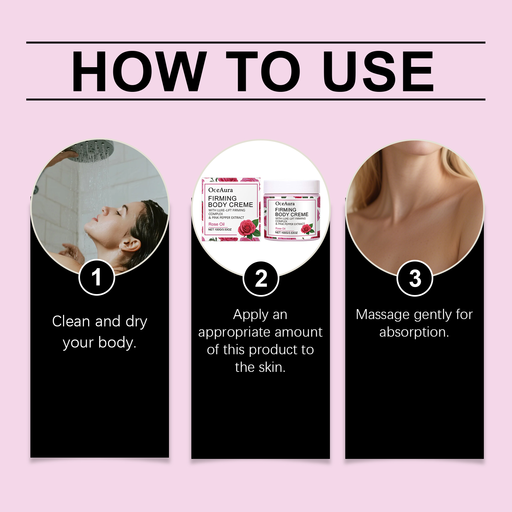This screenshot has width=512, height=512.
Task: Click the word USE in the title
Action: (378, 71)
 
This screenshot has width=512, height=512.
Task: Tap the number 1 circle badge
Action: (97, 277)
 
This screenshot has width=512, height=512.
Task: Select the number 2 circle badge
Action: (261, 279)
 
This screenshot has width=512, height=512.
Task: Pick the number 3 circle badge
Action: (415, 278)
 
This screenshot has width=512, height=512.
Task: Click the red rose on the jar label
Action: (307, 228)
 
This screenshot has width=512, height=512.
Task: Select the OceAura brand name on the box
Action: (220, 190)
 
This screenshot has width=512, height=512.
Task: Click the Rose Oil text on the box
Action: (217, 224)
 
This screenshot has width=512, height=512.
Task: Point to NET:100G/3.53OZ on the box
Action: (220, 229)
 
